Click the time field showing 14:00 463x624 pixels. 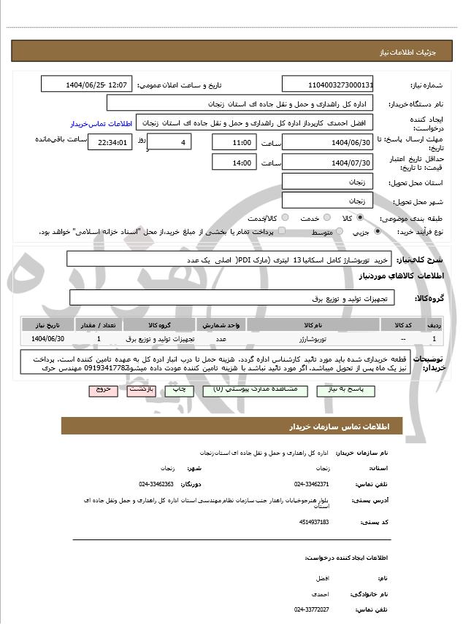point(234,163)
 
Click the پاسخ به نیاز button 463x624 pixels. point(340,391)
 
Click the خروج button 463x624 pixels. point(103,391)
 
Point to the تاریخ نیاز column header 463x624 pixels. point(48,324)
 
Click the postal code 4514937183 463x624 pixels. point(314,522)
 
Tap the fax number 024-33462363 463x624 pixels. point(156,484)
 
